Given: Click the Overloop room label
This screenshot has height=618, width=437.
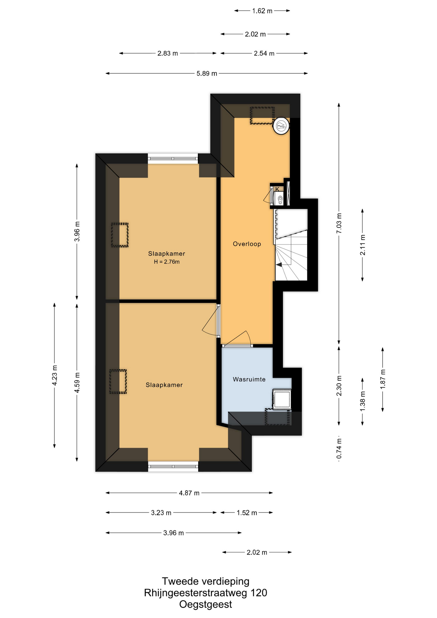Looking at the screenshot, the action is (247, 244).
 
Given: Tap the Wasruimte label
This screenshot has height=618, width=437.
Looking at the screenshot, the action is (249, 379).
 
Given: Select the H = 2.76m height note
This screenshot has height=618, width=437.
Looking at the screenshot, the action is (167, 262).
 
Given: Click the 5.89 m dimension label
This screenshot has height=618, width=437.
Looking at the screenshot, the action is (207, 73).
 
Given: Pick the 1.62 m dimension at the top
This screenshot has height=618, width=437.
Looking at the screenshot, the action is (262, 11).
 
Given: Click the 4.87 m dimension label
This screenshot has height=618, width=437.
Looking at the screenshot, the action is (189, 493).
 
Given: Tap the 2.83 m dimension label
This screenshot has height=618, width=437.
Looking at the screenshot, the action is (167, 53).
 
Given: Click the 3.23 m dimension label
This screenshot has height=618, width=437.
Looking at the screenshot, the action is (161, 513).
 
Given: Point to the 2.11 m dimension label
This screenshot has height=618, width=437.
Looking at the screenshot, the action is (362, 245).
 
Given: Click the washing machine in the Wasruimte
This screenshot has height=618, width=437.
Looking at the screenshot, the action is (282, 399).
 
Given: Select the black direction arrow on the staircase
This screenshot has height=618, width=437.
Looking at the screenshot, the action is (279, 265).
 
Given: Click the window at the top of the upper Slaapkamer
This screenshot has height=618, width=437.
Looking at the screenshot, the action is (173, 158).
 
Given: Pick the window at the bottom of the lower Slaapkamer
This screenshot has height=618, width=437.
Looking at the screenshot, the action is (173, 466).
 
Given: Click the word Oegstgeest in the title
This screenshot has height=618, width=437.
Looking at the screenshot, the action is (206, 604).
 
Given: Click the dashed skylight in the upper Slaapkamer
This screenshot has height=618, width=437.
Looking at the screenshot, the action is (120, 235).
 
